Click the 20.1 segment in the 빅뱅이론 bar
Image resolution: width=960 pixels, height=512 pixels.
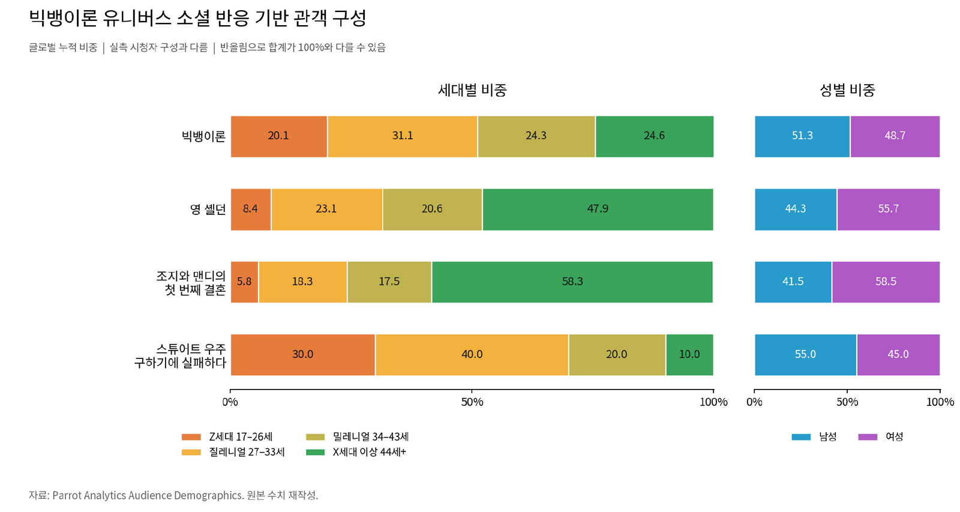click(x=279, y=136)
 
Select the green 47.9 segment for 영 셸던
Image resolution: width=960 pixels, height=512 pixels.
click(x=598, y=209)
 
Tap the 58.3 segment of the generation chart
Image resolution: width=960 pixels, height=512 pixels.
click(x=572, y=282)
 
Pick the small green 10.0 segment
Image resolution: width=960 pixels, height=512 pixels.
click(x=689, y=355)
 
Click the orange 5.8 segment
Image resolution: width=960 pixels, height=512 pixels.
click(x=244, y=282)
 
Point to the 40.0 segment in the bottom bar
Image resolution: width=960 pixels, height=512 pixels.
click(x=472, y=355)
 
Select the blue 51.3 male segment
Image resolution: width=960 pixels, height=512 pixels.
click(x=802, y=136)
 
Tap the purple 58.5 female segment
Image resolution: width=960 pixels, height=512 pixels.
click(x=886, y=282)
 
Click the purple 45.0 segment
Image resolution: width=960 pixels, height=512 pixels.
click(x=898, y=355)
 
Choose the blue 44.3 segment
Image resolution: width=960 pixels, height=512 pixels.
click(x=796, y=209)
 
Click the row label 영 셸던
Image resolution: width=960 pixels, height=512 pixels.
click(x=208, y=209)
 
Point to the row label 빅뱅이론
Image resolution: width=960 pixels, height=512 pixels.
click(x=203, y=136)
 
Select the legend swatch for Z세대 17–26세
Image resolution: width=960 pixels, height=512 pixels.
click(x=191, y=437)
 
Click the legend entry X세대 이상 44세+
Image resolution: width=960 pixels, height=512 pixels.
click(x=356, y=452)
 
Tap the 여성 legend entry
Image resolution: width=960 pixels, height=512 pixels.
click(x=881, y=437)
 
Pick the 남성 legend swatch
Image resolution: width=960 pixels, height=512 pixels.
click(x=801, y=437)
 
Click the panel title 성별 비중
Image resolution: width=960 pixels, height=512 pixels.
click(x=847, y=90)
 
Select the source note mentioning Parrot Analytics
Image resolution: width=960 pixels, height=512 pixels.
click(x=173, y=495)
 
